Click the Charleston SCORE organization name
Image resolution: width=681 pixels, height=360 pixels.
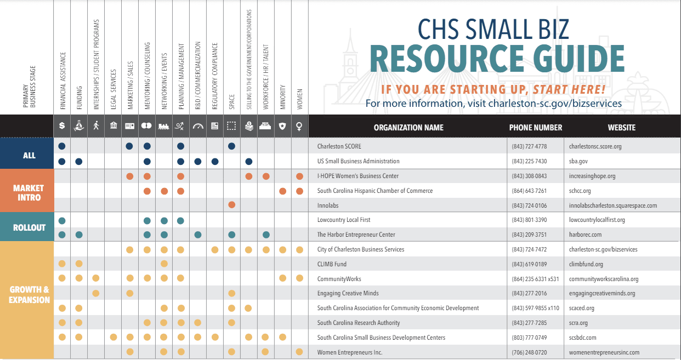coord(339,146)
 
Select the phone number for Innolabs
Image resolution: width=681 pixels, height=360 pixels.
coord(529,205)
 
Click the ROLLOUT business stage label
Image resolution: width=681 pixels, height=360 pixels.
coord(29,227)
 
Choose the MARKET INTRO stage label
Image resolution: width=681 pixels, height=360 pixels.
coord(29,192)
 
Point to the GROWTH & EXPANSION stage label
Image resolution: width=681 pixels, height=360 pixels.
coord(29,295)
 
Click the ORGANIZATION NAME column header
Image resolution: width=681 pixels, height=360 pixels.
coord(408,127)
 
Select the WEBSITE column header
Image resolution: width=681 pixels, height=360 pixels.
coord(621,127)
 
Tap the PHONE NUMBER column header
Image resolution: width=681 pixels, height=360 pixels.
coord(535,127)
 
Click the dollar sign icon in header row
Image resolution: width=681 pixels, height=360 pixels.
coord(62,126)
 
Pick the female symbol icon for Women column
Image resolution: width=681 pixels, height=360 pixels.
coord(299,126)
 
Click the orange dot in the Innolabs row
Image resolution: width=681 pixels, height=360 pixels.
coord(231,205)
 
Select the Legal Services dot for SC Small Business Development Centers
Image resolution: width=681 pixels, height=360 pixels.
coord(113,337)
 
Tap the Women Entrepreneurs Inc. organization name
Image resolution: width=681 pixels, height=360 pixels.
coord(350,352)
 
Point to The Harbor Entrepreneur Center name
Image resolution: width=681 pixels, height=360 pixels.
coord(356,235)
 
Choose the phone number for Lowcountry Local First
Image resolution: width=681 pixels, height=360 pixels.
coord(529,220)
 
